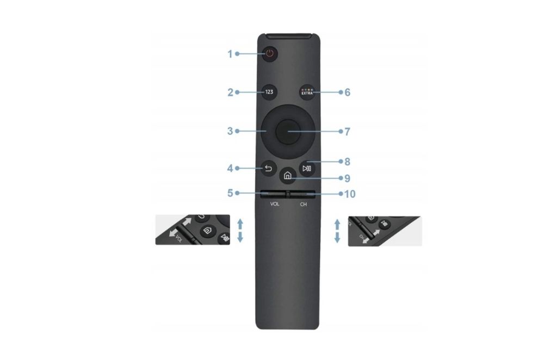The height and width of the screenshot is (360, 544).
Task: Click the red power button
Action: click(x=270, y=54)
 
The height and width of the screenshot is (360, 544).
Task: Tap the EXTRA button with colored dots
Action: click(x=307, y=92)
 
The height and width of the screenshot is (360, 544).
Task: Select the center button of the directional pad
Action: click(x=288, y=132)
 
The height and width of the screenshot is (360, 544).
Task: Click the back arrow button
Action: click(x=269, y=169)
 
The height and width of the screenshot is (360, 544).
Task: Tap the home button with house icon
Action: click(x=288, y=176)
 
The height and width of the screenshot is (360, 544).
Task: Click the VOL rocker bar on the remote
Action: click(x=274, y=194)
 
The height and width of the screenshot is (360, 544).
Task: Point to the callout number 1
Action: click(x=230, y=54)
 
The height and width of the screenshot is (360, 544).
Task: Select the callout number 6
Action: click(x=347, y=92)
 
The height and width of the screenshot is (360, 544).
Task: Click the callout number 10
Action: click(x=350, y=194)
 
